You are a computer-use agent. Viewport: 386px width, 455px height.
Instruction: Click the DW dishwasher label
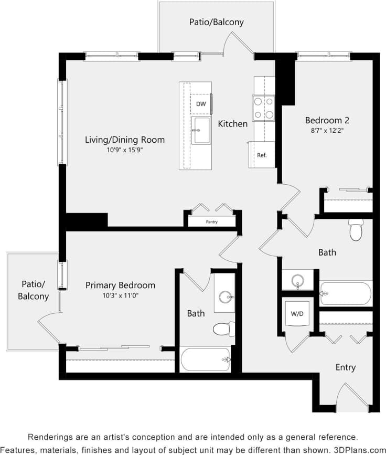coord(201,104)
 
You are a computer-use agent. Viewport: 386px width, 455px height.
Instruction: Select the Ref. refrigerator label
coord(262,155)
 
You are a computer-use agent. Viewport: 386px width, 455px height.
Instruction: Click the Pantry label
coord(212,222)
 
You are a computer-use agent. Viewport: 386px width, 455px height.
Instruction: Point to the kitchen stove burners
coord(263,108)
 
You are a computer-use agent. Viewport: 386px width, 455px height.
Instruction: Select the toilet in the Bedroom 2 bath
coord(356,230)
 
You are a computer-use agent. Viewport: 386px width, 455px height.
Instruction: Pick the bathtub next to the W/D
coord(346,294)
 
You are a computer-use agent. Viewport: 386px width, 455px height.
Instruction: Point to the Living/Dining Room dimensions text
coord(125,150)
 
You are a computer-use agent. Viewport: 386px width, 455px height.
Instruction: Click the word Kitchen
coord(232,124)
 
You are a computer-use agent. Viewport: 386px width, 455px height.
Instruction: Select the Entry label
coord(346,367)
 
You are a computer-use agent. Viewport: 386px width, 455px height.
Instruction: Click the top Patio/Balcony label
coord(217,22)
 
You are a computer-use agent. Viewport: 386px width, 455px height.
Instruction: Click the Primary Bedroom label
coord(120,285)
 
